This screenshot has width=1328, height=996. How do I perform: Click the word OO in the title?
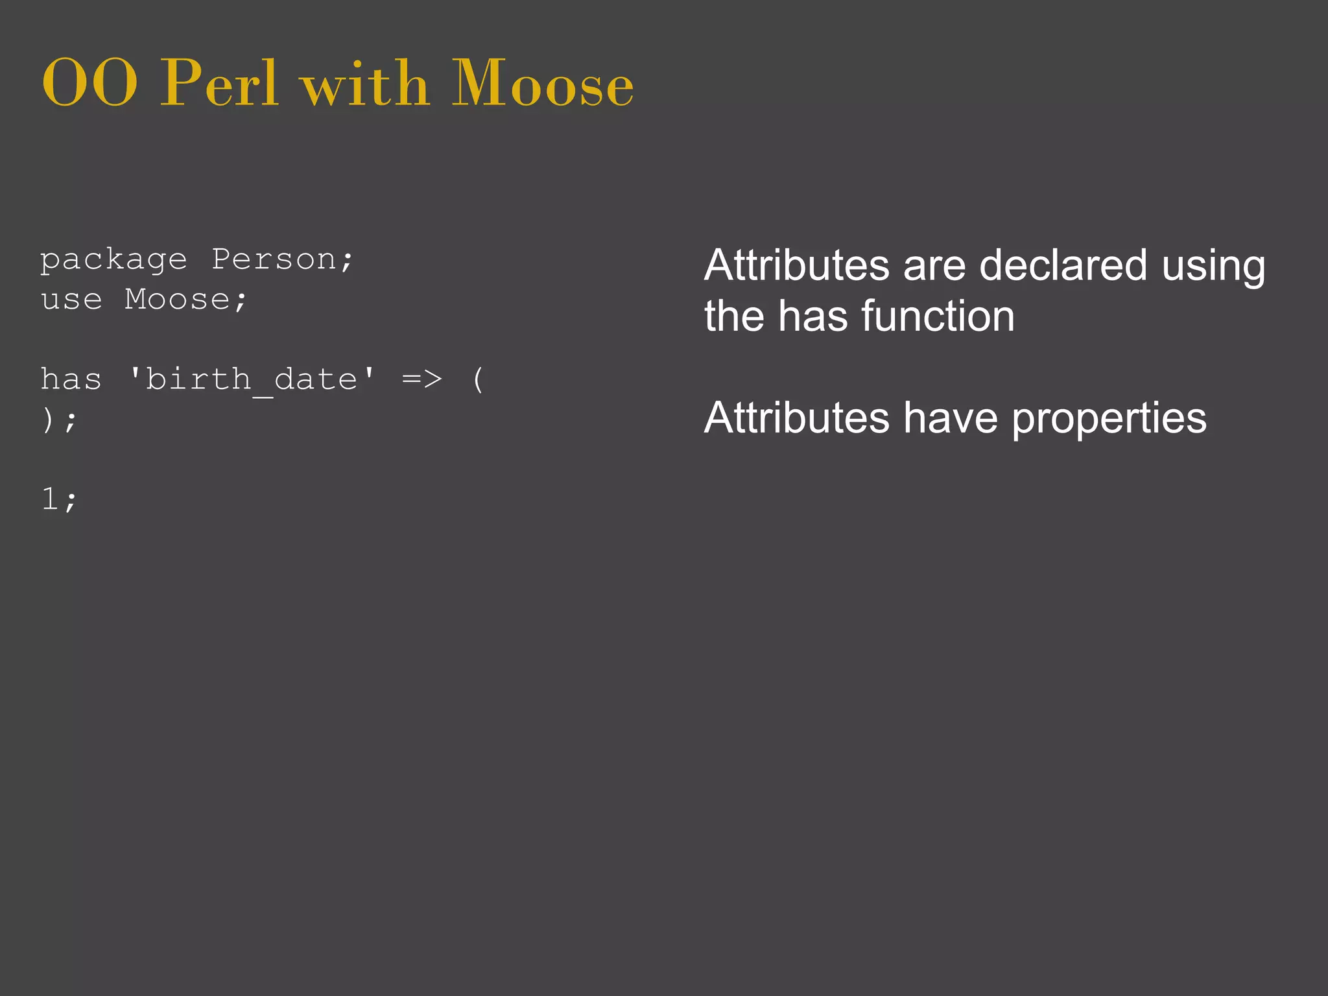click(89, 83)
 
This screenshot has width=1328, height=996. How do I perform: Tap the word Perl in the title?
click(220, 83)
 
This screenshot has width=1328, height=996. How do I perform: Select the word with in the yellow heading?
click(366, 83)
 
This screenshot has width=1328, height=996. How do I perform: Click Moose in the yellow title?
click(542, 83)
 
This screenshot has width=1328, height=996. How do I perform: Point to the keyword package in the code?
click(113, 261)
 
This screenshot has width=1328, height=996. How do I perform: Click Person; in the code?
click(283, 260)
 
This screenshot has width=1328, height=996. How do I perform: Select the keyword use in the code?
click(71, 300)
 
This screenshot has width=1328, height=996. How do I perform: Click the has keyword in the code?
click(71, 379)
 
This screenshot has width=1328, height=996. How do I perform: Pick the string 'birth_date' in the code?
click(252, 379)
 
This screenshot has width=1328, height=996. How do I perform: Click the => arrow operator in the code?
click(422, 379)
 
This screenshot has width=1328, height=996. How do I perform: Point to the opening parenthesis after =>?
click(478, 379)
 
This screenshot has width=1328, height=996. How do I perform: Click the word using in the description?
click(1213, 267)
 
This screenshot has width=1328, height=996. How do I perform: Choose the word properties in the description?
click(1109, 419)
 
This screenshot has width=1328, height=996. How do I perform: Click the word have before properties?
click(951, 418)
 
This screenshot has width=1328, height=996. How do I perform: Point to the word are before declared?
click(934, 265)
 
